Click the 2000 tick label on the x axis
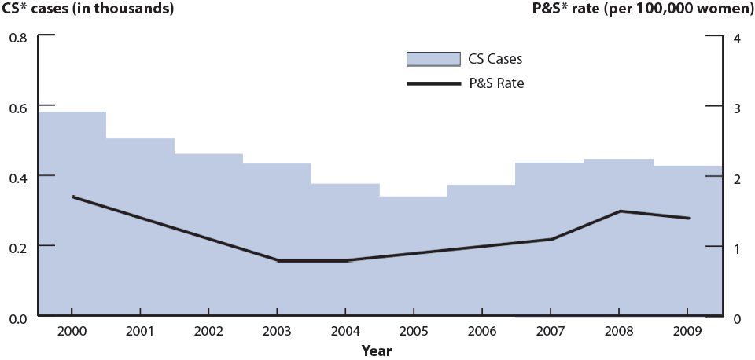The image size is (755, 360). (72, 332)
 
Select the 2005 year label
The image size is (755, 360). (414, 332)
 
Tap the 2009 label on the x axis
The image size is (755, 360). (688, 332)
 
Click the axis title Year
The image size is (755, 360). (377, 351)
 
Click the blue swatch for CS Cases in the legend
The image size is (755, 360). (433, 59)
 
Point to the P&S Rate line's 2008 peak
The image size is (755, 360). (620, 211)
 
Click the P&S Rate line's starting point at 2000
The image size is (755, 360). (72, 197)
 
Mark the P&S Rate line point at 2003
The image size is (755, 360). (278, 260)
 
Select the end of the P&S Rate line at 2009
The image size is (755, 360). (689, 219)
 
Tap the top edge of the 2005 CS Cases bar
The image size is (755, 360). (414, 197)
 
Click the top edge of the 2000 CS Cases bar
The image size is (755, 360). (72, 112)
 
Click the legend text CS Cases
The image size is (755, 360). (496, 59)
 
